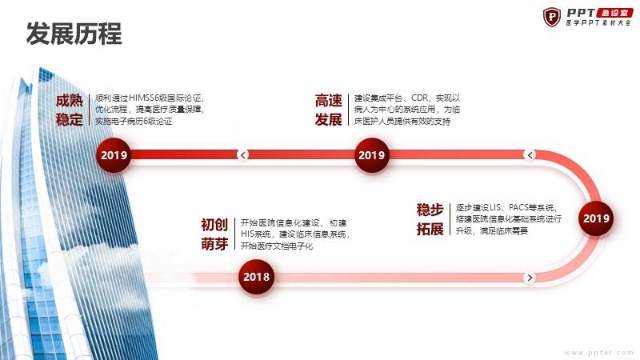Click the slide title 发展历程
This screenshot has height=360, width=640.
tap(74, 34)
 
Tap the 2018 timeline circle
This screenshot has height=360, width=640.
tap(256, 277)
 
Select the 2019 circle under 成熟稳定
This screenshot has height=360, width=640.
tap(114, 155)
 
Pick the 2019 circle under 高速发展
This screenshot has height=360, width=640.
tap(371, 155)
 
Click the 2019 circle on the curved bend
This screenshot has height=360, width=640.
tap(596, 218)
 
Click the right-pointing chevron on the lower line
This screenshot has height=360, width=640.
tap(530, 278)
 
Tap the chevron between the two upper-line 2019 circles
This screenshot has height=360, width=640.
tap(243, 154)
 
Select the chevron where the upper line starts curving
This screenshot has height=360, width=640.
tap(530, 154)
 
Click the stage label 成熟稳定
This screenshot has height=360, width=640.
tap(70, 110)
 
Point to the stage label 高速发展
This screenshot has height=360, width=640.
tap(328, 110)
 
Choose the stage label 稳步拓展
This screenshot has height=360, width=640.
tap(430, 219)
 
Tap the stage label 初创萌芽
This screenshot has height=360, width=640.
tap(214, 234)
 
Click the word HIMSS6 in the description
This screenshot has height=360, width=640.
tap(143, 98)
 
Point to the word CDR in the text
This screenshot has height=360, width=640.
tap(419, 98)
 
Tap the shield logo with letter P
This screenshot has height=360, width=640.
tap(552, 17)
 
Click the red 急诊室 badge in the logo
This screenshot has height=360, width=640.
tap(614, 13)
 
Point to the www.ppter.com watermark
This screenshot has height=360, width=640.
tap(599, 353)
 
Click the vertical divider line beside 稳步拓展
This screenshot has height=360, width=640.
tap(450, 219)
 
